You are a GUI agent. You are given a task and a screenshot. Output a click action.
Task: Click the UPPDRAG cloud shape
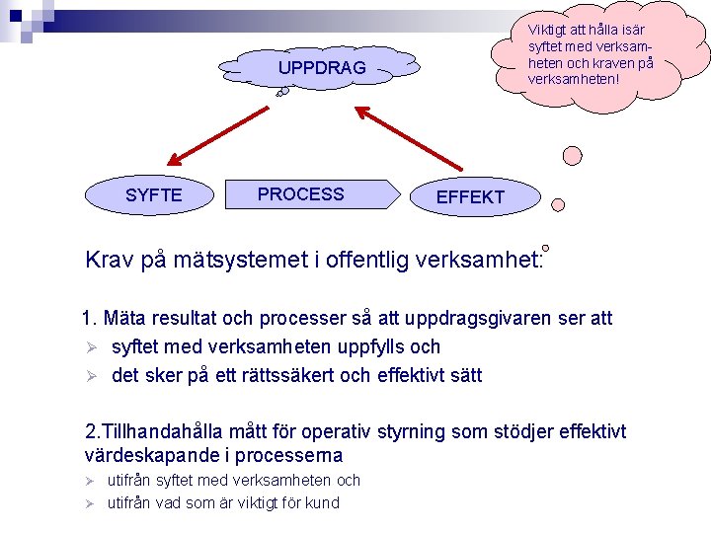click(321, 68)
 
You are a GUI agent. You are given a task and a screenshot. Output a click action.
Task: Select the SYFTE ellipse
click(153, 195)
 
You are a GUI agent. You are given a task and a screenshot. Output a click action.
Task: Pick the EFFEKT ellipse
click(470, 197)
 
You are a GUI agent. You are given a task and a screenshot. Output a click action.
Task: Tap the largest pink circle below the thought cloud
click(572, 155)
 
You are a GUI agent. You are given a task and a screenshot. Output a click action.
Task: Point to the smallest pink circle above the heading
click(545, 247)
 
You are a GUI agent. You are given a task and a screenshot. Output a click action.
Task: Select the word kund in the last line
click(322, 502)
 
